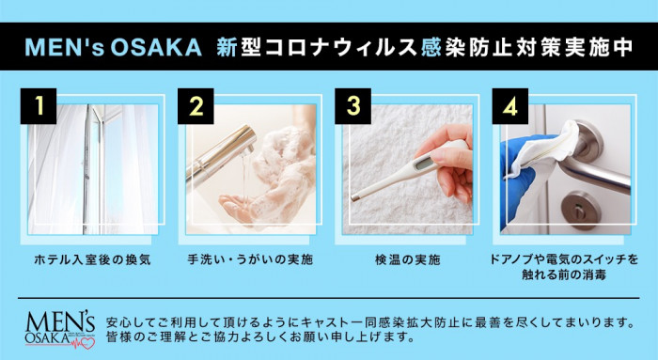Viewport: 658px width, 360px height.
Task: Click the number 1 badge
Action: (39, 106)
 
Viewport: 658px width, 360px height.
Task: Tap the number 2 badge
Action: (196, 106)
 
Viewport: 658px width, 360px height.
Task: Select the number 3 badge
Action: (352, 106)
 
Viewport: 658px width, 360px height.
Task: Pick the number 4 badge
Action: (510, 106)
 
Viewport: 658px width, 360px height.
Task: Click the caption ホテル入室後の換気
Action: (92, 259)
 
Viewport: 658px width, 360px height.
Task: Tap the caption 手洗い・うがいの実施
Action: (250, 259)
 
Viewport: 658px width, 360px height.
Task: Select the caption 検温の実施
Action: (407, 259)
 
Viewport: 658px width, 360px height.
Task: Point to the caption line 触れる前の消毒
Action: (564, 275)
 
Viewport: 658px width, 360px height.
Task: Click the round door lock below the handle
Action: (581, 210)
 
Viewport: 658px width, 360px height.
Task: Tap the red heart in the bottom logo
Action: (87, 343)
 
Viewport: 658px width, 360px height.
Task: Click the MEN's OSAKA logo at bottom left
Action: (60, 330)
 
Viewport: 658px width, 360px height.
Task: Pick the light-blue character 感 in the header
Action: (430, 47)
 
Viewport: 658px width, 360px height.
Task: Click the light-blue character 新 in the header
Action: (227, 47)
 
